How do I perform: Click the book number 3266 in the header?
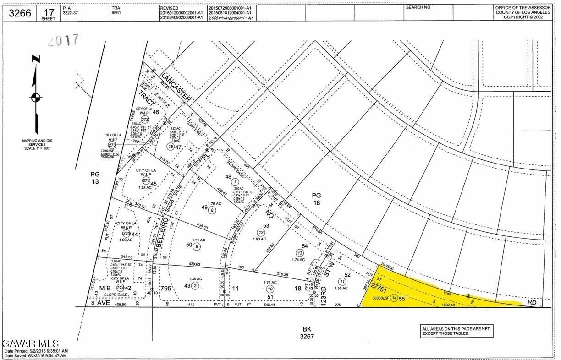click(20, 13)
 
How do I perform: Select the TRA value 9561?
click(117, 13)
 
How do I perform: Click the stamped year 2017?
click(64, 41)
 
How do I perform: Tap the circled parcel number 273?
click(112, 145)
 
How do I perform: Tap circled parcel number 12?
click(261, 232)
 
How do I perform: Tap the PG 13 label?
click(95, 178)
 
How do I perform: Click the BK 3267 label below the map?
click(307, 333)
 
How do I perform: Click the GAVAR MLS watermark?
click(30, 344)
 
